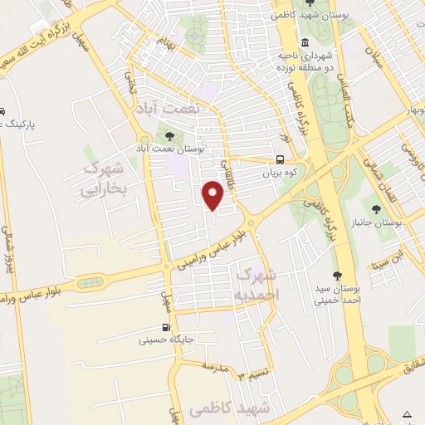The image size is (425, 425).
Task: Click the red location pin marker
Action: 213,195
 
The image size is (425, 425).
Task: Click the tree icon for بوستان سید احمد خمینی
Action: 336,276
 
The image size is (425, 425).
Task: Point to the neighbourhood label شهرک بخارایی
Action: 104,179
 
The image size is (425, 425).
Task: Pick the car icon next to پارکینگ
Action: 2,111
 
